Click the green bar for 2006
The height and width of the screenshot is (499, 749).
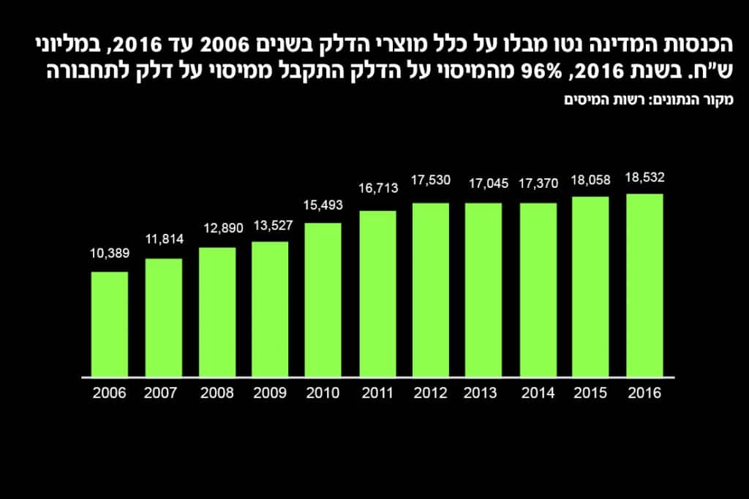tap(110, 324)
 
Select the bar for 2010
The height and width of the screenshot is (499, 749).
tap(323, 300)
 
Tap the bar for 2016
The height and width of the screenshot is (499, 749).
tap(644, 286)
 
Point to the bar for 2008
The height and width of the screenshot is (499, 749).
tap(217, 312)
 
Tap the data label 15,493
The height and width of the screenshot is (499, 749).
tap(323, 205)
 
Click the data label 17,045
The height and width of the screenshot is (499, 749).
tap(483, 185)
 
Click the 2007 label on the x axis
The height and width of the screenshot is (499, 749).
tap(163, 393)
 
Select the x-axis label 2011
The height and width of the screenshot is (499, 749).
tap(377, 393)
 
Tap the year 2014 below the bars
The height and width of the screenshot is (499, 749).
tap(538, 393)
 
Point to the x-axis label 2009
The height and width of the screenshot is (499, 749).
tap(270, 393)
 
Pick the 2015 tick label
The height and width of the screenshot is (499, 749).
tap(591, 393)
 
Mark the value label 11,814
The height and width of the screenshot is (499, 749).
tap(163, 239)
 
